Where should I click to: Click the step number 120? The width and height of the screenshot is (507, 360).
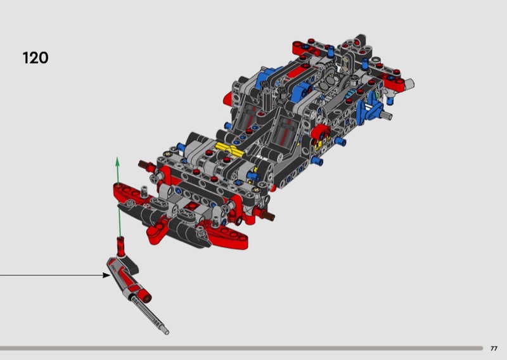click(x=35, y=58)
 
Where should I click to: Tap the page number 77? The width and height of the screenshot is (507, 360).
click(x=494, y=349)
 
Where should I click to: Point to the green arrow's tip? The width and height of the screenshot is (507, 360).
click(x=118, y=158)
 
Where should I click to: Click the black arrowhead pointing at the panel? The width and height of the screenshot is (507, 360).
click(x=106, y=275)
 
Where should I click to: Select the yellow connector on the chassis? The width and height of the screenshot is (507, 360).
click(x=229, y=149)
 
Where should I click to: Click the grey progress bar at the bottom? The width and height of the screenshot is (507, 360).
click(x=241, y=349)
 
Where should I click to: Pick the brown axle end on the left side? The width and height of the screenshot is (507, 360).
click(x=143, y=164)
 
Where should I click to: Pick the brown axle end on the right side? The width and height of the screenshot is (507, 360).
click(x=269, y=215)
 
